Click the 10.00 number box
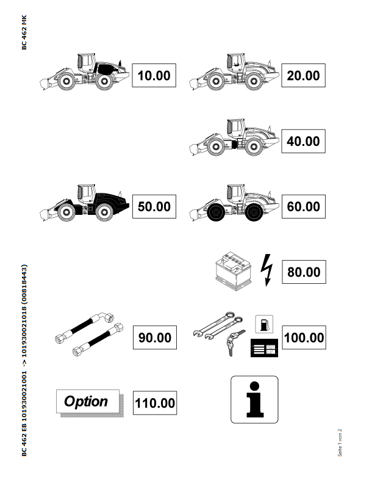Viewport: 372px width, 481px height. click(x=154, y=76)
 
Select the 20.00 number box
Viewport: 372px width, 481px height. click(x=303, y=76)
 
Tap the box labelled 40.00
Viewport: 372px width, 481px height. click(x=303, y=141)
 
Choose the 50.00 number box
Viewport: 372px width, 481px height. click(x=154, y=206)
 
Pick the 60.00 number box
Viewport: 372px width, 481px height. click(x=304, y=206)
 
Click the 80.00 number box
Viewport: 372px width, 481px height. click(x=304, y=272)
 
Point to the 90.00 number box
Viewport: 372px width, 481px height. click(x=155, y=338)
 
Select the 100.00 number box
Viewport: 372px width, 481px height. click(x=304, y=338)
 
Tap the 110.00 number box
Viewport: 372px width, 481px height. click(x=155, y=403)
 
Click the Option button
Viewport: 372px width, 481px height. click(x=88, y=402)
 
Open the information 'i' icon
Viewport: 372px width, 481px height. click(x=254, y=400)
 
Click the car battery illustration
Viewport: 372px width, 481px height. click(x=234, y=271)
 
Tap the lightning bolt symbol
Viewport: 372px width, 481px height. click(x=266, y=270)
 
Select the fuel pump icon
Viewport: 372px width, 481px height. click(x=264, y=324)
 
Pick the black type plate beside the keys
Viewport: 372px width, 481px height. click(x=264, y=348)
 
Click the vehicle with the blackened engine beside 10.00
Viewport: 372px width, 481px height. click(x=84, y=72)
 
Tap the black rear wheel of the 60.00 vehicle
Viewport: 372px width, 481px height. click(x=254, y=212)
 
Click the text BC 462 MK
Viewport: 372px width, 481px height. click(x=24, y=32)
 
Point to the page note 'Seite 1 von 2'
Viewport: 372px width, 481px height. click(x=340, y=443)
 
